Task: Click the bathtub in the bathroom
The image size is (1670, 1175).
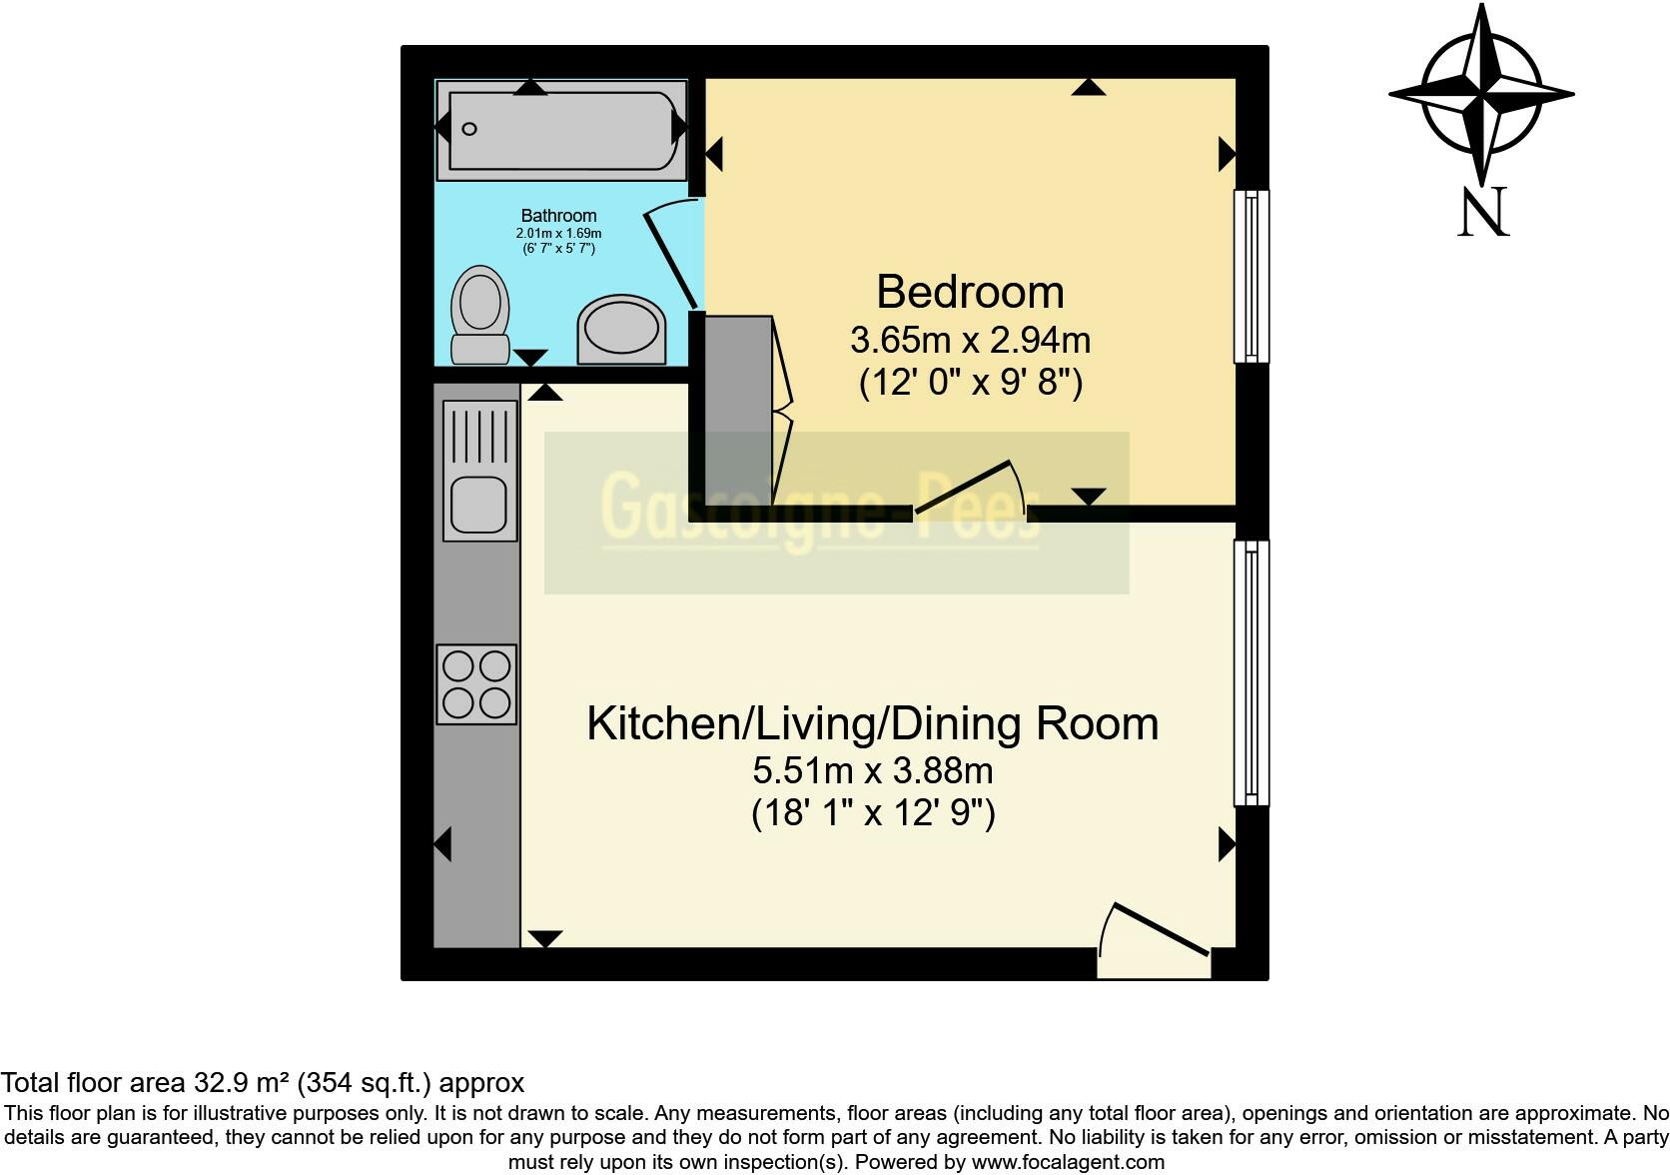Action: pyautogui.click(x=560, y=131)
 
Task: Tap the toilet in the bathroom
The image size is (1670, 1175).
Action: pyautogui.click(x=480, y=316)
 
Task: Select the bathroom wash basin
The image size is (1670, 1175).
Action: pyautogui.click(x=622, y=330)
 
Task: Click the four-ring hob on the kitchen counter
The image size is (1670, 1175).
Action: pyautogui.click(x=476, y=684)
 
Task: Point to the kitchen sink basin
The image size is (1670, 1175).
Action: pyautogui.click(x=479, y=505)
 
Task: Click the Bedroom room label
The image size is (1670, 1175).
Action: pyautogui.click(x=970, y=292)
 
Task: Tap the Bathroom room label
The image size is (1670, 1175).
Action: pyautogui.click(x=558, y=216)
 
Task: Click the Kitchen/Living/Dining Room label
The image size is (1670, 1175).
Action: pyautogui.click(x=873, y=723)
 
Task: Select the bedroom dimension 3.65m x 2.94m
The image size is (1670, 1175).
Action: pyautogui.click(x=971, y=340)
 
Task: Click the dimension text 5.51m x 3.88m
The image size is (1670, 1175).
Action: pyautogui.click(x=873, y=770)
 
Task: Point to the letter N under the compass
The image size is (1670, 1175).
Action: pyautogui.click(x=1483, y=212)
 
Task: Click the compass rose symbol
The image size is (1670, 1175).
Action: pyautogui.click(x=1482, y=95)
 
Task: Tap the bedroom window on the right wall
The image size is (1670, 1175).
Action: pyautogui.click(x=1252, y=277)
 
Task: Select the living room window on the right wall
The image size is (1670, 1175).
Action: pyautogui.click(x=1252, y=673)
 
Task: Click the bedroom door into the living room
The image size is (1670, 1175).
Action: pyautogui.click(x=963, y=488)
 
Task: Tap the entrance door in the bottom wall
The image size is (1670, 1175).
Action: pyautogui.click(x=1161, y=929)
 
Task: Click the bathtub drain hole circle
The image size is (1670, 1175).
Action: pyautogui.click(x=469, y=129)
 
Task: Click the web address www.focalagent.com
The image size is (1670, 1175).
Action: pyautogui.click(x=1068, y=1162)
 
